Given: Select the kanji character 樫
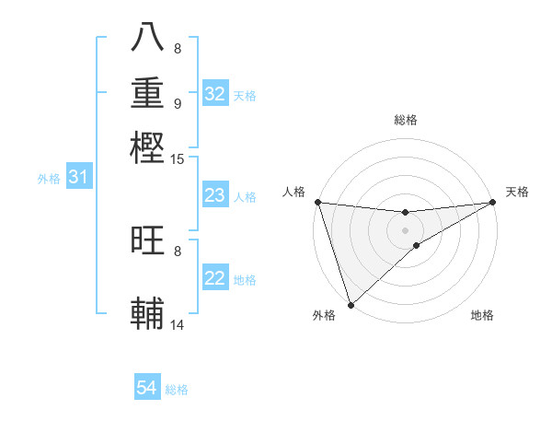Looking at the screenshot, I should pos(147,146).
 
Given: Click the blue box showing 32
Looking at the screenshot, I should pos(215,94).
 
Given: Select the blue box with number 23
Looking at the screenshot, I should pos(215,195).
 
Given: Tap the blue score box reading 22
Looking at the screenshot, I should pos(215,278).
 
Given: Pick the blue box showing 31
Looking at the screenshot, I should pos(78,177).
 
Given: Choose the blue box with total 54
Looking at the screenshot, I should pos(147,388).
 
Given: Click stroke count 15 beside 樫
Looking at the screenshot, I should pos(178,159).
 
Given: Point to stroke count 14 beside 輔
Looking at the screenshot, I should pos(178,324).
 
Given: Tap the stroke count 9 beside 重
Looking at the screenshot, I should pos(178,103).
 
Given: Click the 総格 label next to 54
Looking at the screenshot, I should pos(177,390).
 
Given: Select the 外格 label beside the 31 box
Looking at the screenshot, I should pos(49,179).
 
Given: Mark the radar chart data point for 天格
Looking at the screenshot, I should pos(493,203).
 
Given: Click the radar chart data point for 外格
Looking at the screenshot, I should pos(351,305).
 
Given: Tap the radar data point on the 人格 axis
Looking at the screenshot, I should pos(317,202).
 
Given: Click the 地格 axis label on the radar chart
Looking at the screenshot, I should pos(482,315).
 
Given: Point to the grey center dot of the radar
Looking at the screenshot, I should pos(405,229).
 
